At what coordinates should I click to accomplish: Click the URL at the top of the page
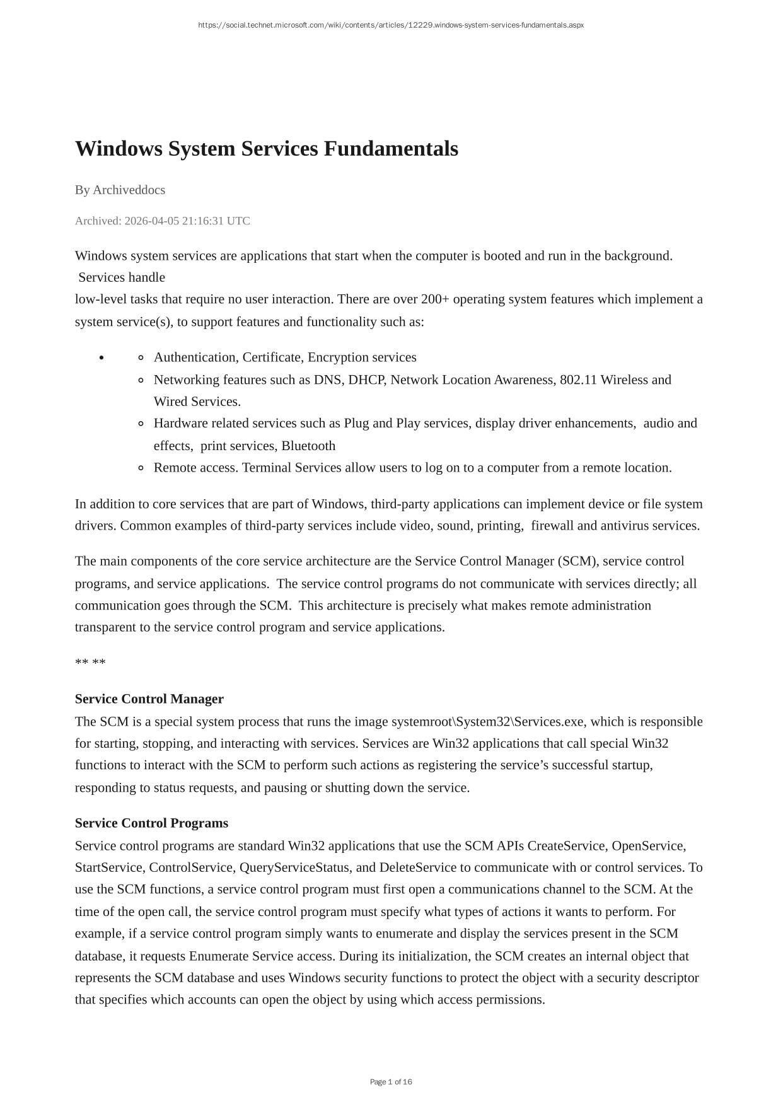(391, 25)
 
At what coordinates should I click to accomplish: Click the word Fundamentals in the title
(391, 149)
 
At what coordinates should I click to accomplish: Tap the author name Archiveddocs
(129, 190)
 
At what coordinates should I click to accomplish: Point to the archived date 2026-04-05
(152, 221)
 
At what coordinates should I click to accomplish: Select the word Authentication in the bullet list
(195, 357)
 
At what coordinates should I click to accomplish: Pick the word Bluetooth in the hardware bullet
(308, 446)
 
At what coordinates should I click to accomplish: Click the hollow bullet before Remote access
(141, 468)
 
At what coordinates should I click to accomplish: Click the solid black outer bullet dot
(101, 357)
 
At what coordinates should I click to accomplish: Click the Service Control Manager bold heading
(149, 699)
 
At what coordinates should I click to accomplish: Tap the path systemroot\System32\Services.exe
(488, 722)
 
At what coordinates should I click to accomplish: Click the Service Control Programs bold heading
(151, 823)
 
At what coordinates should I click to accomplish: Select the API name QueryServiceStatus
(294, 867)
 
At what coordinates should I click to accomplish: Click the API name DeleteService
(417, 867)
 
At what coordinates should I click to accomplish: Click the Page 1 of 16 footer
(391, 1082)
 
